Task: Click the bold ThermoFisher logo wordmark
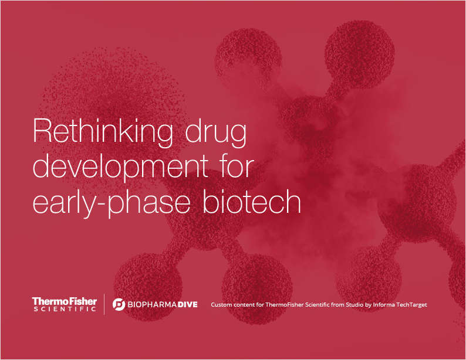64,301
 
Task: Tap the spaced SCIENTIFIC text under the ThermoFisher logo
64,309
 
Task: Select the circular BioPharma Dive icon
119,304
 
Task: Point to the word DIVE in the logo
187,304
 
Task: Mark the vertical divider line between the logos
104,304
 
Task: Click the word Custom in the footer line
221,305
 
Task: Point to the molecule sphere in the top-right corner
355,48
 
